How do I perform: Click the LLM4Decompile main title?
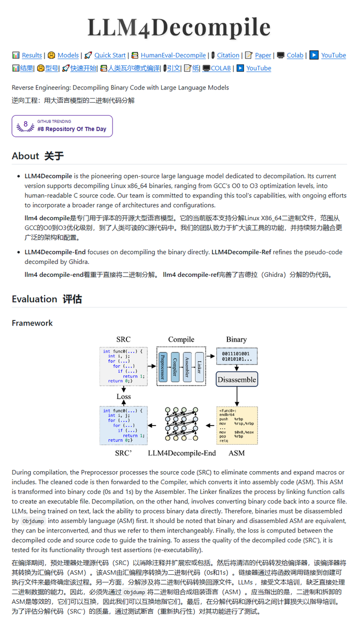[x=179, y=27]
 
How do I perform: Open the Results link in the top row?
[x=32, y=55]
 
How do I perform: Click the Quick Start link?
[x=110, y=55]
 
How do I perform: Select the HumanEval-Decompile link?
[x=173, y=55]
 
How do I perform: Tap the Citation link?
[x=228, y=55]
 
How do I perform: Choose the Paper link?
[x=263, y=55]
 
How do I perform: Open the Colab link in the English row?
[x=295, y=55]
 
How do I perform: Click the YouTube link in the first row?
[x=333, y=55]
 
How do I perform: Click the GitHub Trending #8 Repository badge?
[x=62, y=126]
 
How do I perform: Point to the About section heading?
[x=38, y=156]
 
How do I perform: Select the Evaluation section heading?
[x=47, y=299]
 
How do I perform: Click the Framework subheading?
[x=32, y=323]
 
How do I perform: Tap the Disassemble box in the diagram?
[x=237, y=379]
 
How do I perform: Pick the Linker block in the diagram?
[x=199, y=366]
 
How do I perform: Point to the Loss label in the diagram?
[x=123, y=397]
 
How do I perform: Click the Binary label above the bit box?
[x=236, y=340]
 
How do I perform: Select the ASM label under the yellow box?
[x=237, y=453]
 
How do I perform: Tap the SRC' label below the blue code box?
[x=123, y=453]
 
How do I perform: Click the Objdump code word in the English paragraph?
[x=33, y=521]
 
